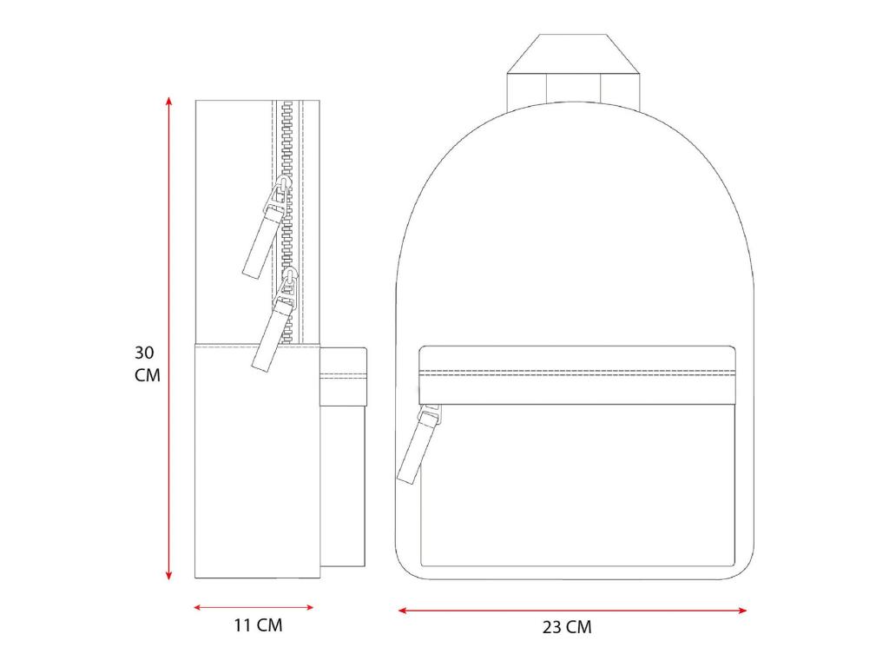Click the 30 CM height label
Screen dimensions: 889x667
click(148, 364)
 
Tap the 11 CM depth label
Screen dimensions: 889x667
click(258, 625)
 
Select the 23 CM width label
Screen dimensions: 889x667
click(567, 627)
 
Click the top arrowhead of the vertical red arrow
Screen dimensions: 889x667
click(168, 101)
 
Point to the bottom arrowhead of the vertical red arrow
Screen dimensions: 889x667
click(168, 575)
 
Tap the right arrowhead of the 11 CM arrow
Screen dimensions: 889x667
click(310, 607)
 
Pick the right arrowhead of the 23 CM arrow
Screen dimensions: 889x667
click(742, 611)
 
